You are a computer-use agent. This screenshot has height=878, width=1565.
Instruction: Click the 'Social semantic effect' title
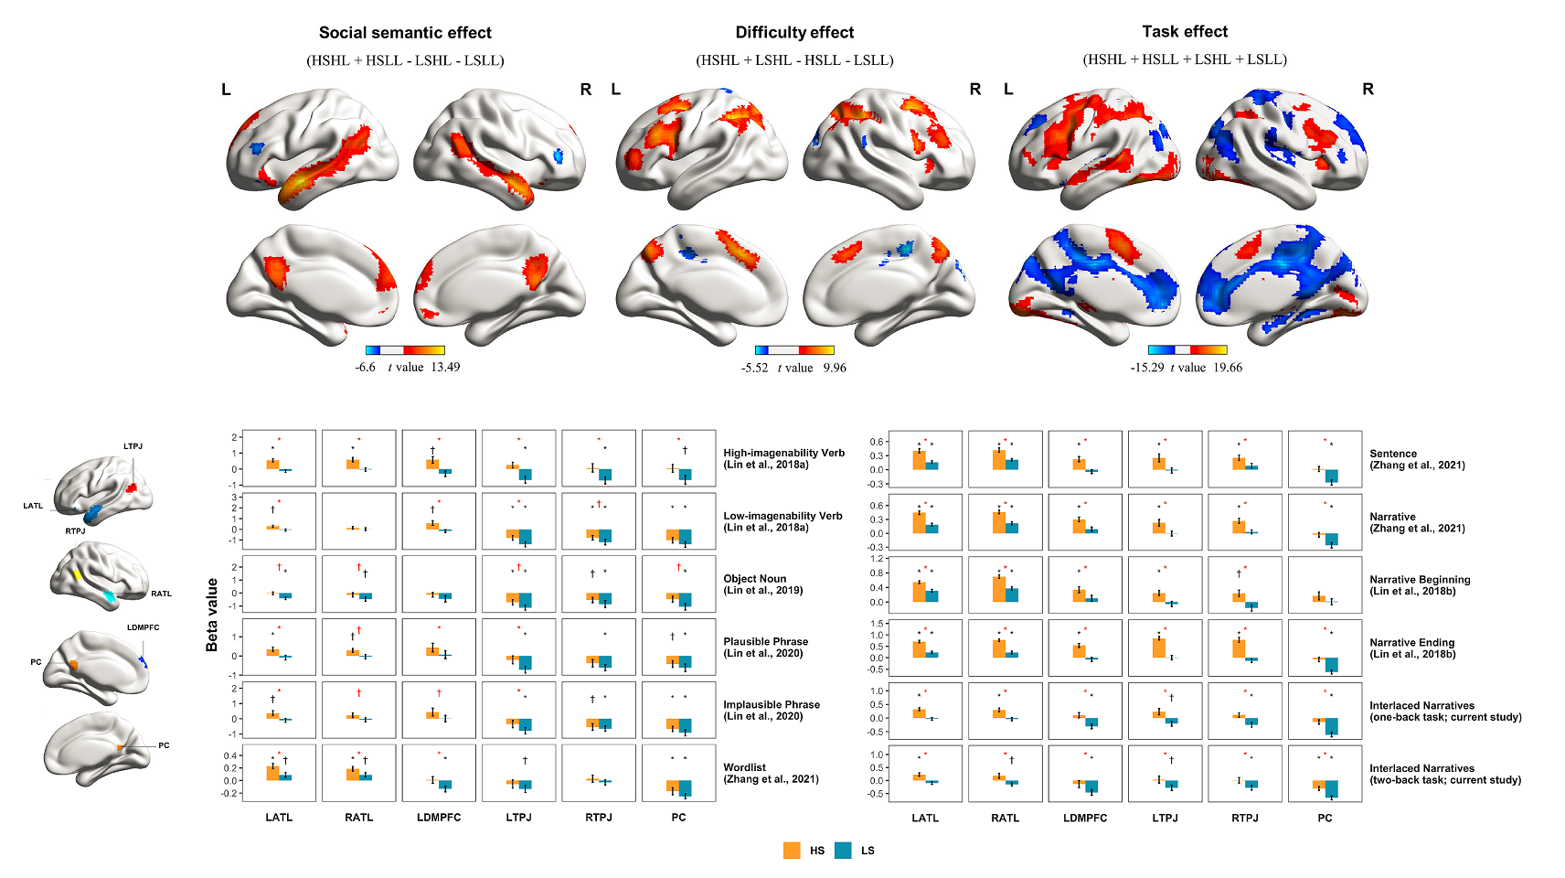[405, 33]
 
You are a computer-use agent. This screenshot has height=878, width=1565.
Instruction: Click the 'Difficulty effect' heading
[794, 33]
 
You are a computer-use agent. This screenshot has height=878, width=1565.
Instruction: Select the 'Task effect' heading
[1185, 32]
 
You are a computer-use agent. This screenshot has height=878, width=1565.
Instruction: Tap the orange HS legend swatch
[792, 851]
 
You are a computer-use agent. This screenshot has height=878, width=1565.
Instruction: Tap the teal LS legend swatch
[843, 851]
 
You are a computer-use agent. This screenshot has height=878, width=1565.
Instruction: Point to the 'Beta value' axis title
[212, 615]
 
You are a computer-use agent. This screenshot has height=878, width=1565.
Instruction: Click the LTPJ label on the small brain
[133, 446]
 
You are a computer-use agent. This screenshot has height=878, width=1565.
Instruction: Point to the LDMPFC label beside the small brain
[144, 627]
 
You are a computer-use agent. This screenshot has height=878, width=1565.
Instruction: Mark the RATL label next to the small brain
[162, 594]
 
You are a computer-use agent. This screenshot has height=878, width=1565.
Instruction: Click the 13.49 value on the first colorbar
[445, 368]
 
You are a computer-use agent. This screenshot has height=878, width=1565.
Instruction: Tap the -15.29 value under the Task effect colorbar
[1147, 368]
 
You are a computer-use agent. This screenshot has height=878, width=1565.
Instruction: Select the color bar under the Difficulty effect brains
[794, 350]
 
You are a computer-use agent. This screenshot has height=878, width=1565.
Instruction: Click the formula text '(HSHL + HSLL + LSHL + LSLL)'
[1185, 59]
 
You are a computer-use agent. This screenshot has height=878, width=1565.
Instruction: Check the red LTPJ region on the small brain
[131, 488]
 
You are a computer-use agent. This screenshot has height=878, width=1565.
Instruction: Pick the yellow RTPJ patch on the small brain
[79, 575]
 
